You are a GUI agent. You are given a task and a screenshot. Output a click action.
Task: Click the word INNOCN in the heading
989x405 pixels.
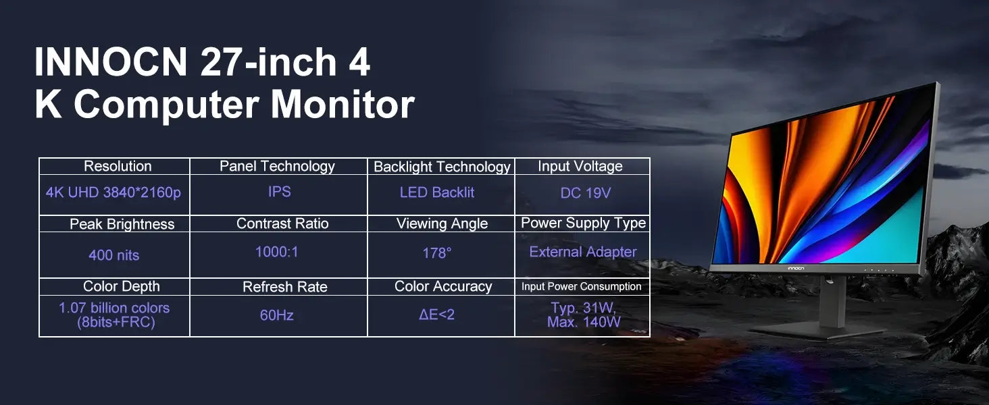click(x=110, y=63)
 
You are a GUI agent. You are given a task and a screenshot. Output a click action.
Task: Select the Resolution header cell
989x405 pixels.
click(x=118, y=166)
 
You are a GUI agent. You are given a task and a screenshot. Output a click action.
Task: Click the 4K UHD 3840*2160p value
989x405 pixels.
click(x=113, y=192)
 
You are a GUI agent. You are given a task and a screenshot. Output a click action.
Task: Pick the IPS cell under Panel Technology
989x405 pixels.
click(x=279, y=192)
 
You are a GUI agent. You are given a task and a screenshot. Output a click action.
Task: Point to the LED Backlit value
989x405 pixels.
click(x=437, y=192)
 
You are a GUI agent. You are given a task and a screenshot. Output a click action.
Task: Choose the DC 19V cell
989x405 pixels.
click(x=585, y=193)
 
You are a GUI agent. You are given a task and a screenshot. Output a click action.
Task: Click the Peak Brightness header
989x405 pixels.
click(x=122, y=224)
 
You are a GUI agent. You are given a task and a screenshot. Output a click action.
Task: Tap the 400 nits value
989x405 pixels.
click(x=113, y=255)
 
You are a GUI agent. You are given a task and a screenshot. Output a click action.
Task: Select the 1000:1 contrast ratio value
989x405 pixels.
click(x=276, y=252)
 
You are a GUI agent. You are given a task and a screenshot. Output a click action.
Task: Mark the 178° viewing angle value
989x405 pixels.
click(x=436, y=253)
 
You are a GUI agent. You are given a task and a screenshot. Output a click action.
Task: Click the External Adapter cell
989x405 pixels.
click(x=582, y=252)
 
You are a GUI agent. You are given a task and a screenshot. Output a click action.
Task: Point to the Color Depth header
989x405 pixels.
click(x=121, y=286)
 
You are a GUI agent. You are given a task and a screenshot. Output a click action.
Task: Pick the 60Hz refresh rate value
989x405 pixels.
click(x=276, y=315)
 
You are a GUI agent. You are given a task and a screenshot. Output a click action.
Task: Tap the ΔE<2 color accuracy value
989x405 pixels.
click(x=436, y=315)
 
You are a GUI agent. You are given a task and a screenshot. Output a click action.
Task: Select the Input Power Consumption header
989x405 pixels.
click(x=581, y=286)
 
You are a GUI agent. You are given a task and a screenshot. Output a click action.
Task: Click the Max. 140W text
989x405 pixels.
click(x=584, y=323)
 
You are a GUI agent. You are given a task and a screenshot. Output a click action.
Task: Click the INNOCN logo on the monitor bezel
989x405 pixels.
click(x=796, y=268)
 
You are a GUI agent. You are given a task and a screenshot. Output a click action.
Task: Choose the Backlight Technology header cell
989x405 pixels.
click(x=442, y=167)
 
